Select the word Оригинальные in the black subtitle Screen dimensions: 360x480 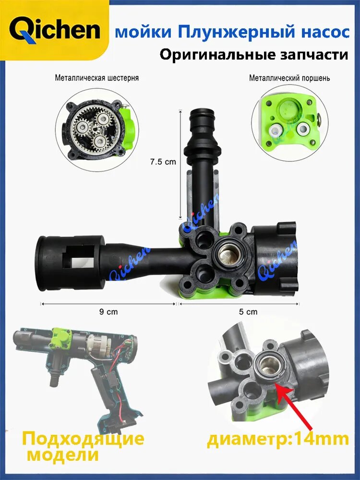pos(217,55)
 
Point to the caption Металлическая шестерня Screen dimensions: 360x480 pos(97,78)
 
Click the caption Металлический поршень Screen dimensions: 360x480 pos(289,78)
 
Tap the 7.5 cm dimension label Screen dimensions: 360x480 pos(163,162)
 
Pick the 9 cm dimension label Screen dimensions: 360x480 pos(108,312)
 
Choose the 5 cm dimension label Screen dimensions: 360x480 pos(248,312)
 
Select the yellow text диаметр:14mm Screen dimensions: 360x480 pos(278,439)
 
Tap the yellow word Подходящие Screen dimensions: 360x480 pos(83,439)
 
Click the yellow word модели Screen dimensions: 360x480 pos(63,455)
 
